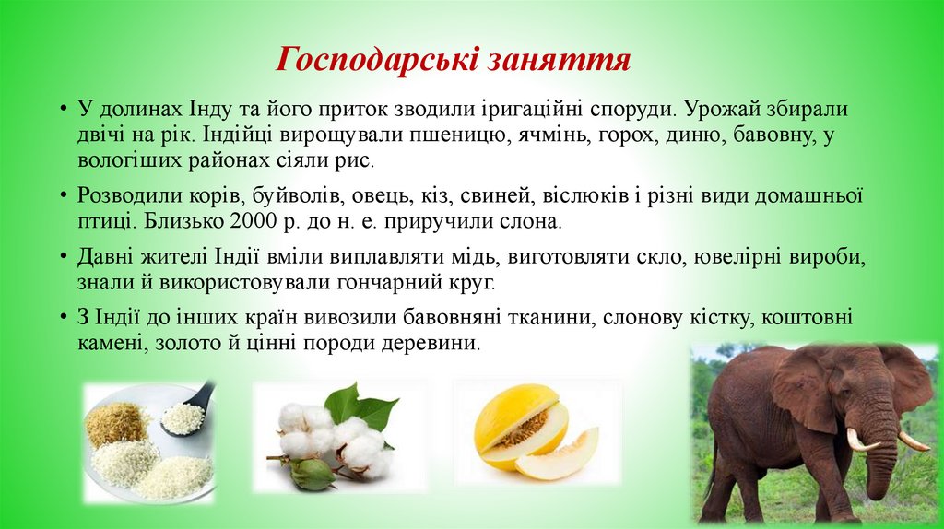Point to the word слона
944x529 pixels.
[x=534, y=221]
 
